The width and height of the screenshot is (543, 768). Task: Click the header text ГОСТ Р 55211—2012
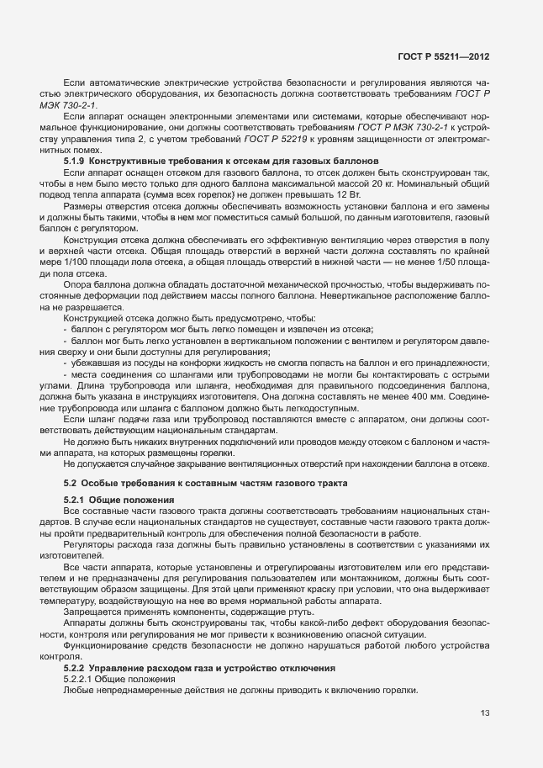(x=441, y=57)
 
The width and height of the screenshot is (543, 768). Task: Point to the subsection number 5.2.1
(x=75, y=500)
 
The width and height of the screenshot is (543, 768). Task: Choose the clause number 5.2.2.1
(x=78, y=678)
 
